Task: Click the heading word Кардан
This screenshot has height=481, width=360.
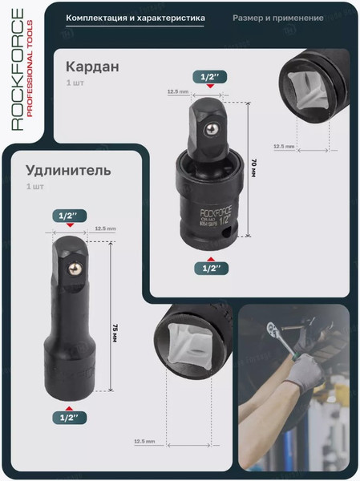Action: coord(92,67)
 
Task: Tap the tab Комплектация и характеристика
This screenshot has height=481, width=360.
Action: coord(135,18)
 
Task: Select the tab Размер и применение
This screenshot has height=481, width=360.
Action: coord(278,18)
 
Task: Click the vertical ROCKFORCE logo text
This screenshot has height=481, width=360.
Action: coord(18,69)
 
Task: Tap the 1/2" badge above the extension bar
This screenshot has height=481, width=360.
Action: coord(67,216)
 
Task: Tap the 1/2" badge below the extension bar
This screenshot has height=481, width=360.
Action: coord(67,416)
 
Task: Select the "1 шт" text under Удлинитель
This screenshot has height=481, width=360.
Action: coord(35,187)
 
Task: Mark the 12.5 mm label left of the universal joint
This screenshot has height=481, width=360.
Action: coord(177,92)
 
